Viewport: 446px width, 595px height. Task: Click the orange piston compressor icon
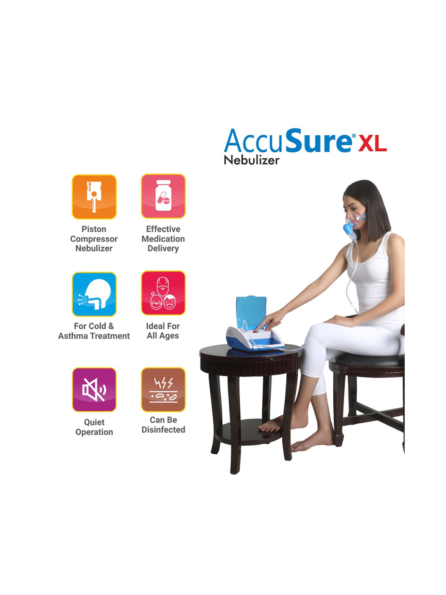click(94, 197)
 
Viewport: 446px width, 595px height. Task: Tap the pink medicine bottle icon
click(163, 196)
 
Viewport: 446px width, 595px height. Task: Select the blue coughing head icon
click(94, 294)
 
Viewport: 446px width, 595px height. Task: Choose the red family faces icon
click(163, 293)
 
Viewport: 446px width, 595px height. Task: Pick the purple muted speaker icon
click(94, 390)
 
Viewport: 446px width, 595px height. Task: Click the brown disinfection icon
click(163, 390)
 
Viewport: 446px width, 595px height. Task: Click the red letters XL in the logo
click(373, 143)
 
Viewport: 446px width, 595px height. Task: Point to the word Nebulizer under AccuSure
click(252, 160)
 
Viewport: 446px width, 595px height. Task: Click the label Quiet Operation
click(94, 427)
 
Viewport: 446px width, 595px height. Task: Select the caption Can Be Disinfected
click(163, 425)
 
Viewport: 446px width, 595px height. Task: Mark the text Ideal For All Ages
click(163, 331)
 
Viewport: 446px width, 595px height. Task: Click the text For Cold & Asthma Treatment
click(94, 331)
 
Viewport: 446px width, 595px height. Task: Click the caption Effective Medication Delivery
click(163, 239)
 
